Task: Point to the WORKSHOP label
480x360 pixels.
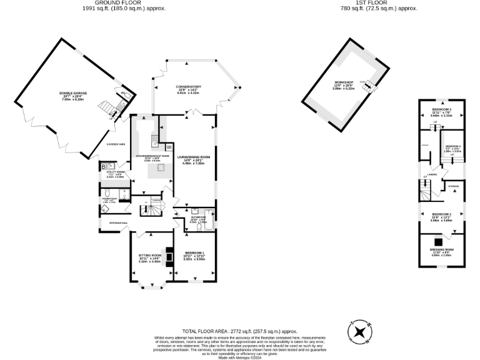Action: pyautogui.click(x=344, y=82)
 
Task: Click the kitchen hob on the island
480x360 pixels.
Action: pyautogui.click(x=161, y=167)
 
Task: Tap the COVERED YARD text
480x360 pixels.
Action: pyautogui.click(x=116, y=144)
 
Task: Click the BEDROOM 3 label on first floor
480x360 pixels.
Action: pyautogui.click(x=441, y=110)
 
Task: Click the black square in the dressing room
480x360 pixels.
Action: pyautogui.click(x=439, y=242)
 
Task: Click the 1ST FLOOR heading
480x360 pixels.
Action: pyautogui.click(x=386, y=4)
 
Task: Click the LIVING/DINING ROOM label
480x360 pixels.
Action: pyautogui.click(x=193, y=157)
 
